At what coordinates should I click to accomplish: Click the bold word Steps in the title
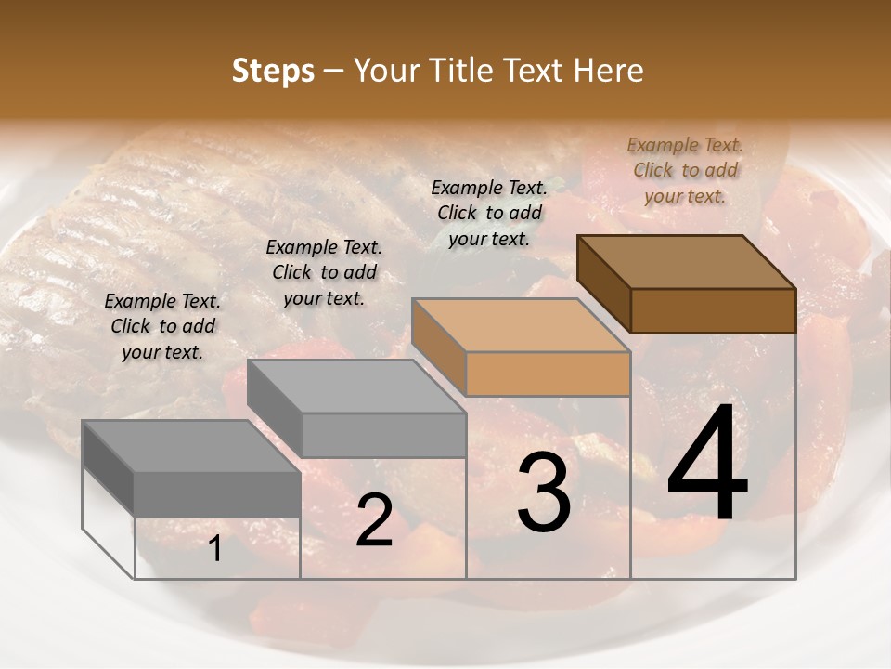click(273, 72)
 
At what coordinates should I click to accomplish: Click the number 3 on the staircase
click(543, 492)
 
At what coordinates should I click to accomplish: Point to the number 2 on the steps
click(374, 520)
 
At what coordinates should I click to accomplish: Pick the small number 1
click(215, 550)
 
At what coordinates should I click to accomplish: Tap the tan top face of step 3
click(520, 325)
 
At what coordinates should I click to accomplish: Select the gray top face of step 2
click(357, 386)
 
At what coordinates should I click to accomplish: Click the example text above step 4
click(685, 170)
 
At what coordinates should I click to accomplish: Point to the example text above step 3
click(489, 213)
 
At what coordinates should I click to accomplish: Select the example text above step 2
click(324, 272)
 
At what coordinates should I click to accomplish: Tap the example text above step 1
click(162, 326)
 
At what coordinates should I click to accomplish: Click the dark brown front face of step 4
click(713, 310)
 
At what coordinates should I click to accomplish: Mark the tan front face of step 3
click(548, 374)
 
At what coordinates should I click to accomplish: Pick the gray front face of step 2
click(383, 435)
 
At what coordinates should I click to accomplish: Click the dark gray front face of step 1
click(217, 493)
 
